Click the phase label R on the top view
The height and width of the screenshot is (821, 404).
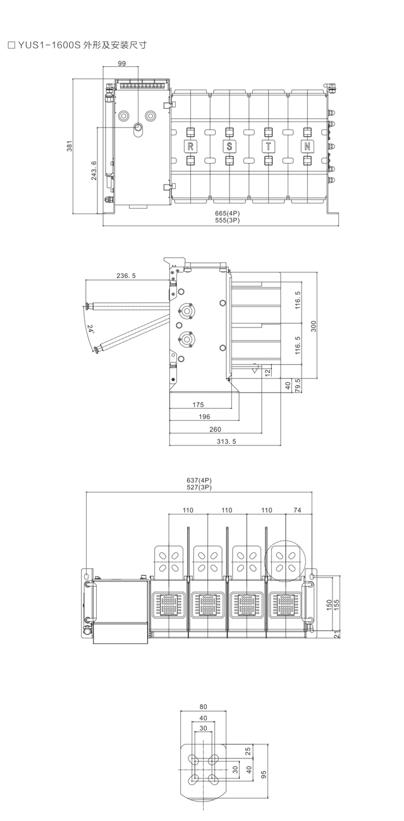pos(190,146)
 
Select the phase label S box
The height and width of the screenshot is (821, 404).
pos(229,146)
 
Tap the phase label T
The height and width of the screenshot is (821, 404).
pos(268,146)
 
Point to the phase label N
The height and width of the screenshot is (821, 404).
pos(307,146)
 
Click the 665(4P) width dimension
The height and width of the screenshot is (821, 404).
pos(228,214)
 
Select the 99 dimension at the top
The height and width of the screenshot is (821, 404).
pos(121,64)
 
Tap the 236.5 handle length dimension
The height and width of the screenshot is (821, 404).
pos(126,276)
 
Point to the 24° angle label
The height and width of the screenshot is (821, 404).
pos(90,329)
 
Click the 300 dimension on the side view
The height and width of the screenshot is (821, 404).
pos(313,325)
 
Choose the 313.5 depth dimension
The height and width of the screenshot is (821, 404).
pos(224,441)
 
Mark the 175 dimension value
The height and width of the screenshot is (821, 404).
pos(198,404)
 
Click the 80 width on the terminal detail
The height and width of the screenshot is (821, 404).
pos(203,707)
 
